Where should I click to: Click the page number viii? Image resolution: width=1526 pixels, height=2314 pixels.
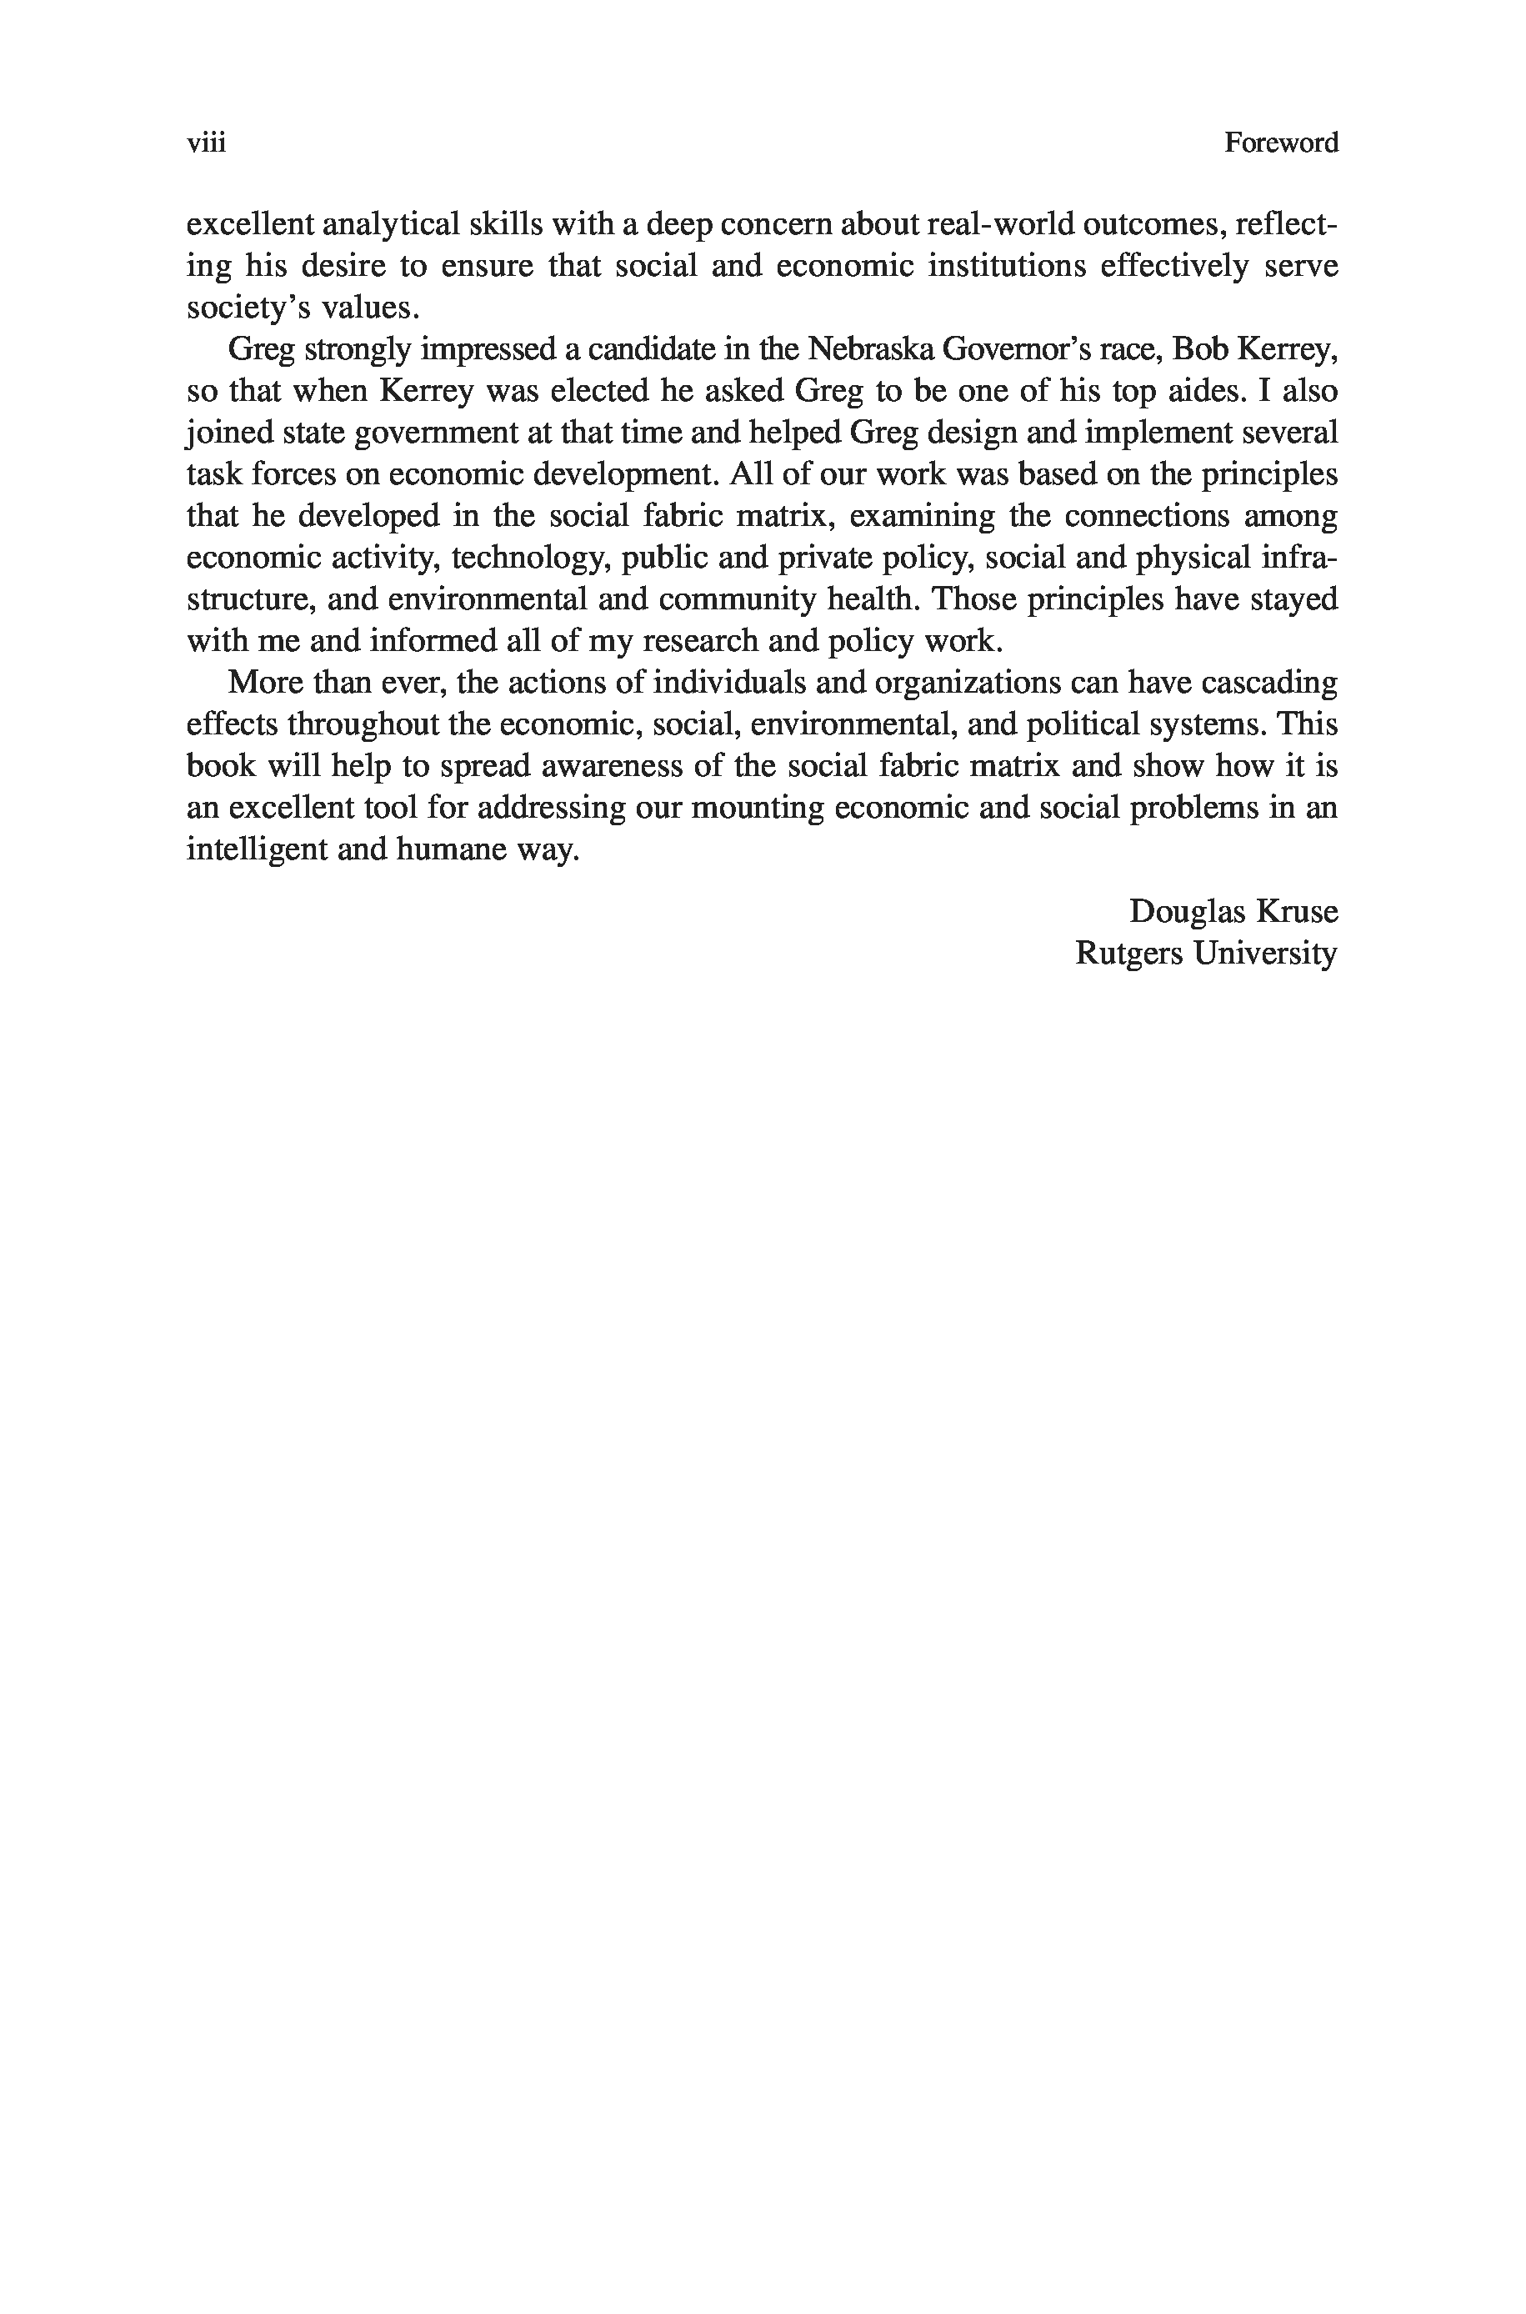[207, 143]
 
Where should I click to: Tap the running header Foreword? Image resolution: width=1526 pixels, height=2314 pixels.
[1281, 143]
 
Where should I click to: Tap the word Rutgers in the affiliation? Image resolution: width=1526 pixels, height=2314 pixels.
[1129, 954]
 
